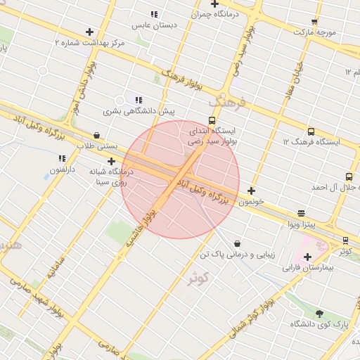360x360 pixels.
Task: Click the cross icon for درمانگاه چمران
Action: tap(215, 4)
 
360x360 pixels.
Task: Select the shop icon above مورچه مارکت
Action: tap(314, 22)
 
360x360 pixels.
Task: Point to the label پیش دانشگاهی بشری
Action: tap(139, 110)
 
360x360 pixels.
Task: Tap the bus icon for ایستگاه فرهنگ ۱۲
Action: tap(311, 131)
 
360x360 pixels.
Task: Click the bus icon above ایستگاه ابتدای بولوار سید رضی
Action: tap(212, 120)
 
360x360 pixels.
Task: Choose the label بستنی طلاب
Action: tap(95, 146)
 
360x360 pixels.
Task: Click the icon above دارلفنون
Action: tap(62, 159)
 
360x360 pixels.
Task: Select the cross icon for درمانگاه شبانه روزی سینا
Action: tap(111, 161)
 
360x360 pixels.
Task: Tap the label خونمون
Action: tap(251, 201)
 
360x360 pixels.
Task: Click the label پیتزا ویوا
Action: tap(302, 224)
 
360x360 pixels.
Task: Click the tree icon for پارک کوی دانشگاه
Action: tap(320, 313)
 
